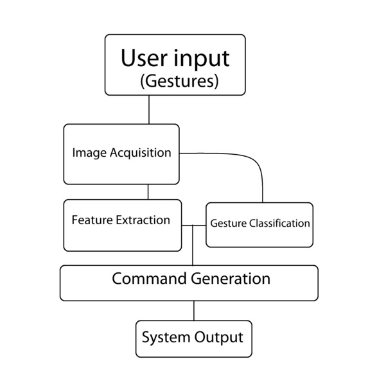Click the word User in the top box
[143, 58]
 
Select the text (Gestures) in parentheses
[179, 82]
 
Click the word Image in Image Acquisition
[88, 153]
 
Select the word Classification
[279, 224]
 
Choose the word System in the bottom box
[161, 337]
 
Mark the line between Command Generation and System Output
[194, 310]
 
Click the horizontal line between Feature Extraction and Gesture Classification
[193, 225]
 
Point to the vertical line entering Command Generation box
[194, 250]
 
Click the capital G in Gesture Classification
[214, 224]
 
